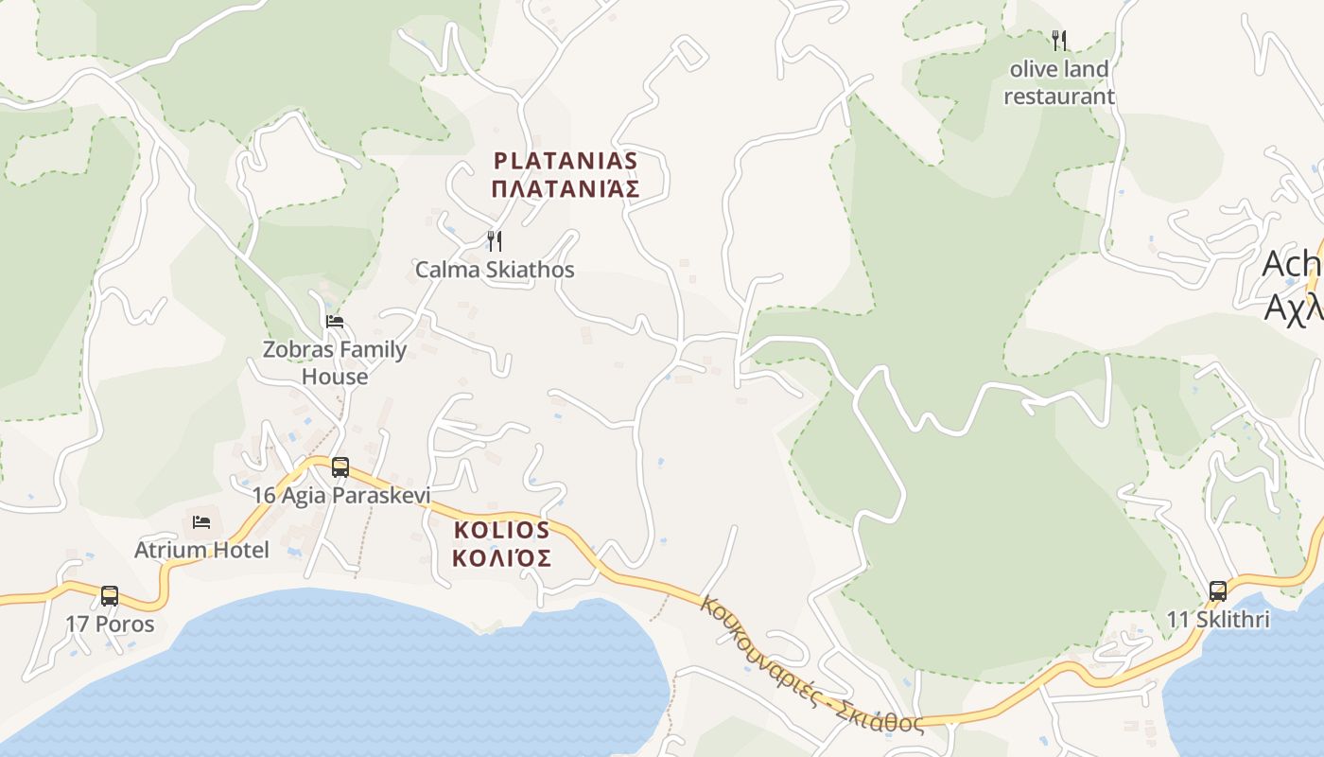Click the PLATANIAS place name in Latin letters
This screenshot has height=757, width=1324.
pos(566,160)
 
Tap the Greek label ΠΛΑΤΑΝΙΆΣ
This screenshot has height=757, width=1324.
pos(566,188)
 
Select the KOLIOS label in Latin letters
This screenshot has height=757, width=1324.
pos(501,530)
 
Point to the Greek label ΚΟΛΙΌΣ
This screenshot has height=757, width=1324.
pos(501,558)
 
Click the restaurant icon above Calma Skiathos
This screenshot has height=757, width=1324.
pos(494,241)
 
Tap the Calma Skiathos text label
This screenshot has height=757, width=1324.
pos(495,270)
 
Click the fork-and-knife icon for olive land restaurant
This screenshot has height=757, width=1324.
pos(1059,41)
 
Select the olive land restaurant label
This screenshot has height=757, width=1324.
pos(1059,83)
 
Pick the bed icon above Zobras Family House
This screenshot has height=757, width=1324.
pos(335,322)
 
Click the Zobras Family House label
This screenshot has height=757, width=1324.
pos(335,362)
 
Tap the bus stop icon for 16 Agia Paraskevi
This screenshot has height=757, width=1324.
pos(340,467)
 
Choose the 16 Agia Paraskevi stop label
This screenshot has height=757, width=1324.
pos(340,495)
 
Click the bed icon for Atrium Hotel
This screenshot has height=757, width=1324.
pos(201,521)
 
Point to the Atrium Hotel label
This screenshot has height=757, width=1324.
pos(201,550)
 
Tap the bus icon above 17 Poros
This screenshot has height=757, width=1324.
pos(110,596)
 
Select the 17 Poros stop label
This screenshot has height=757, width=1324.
pos(110,625)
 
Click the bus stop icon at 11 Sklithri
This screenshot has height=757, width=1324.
pos(1218,591)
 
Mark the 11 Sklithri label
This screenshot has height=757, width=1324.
pos(1218,620)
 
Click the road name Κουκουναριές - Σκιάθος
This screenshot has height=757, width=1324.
pos(811,664)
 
